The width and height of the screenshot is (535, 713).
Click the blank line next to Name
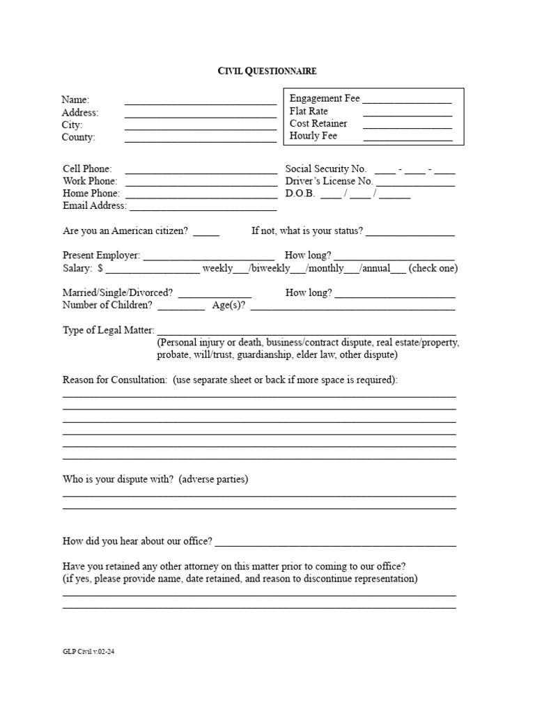point(201,102)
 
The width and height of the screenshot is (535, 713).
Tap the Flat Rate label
point(309,111)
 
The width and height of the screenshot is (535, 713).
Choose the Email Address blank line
point(203,209)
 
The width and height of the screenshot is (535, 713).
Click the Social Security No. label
point(325,169)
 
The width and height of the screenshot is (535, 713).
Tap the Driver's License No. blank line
point(415,185)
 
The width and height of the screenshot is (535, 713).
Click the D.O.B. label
point(300,194)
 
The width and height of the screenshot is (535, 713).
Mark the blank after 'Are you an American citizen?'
point(206,235)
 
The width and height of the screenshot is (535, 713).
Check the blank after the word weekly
point(242,272)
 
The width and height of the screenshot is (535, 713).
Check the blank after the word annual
point(398,272)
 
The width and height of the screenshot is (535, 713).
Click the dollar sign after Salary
point(101,268)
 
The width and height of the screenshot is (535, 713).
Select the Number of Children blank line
point(181,308)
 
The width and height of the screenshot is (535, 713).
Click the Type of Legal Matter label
point(108,330)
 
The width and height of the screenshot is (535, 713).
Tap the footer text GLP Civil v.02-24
point(88,653)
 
